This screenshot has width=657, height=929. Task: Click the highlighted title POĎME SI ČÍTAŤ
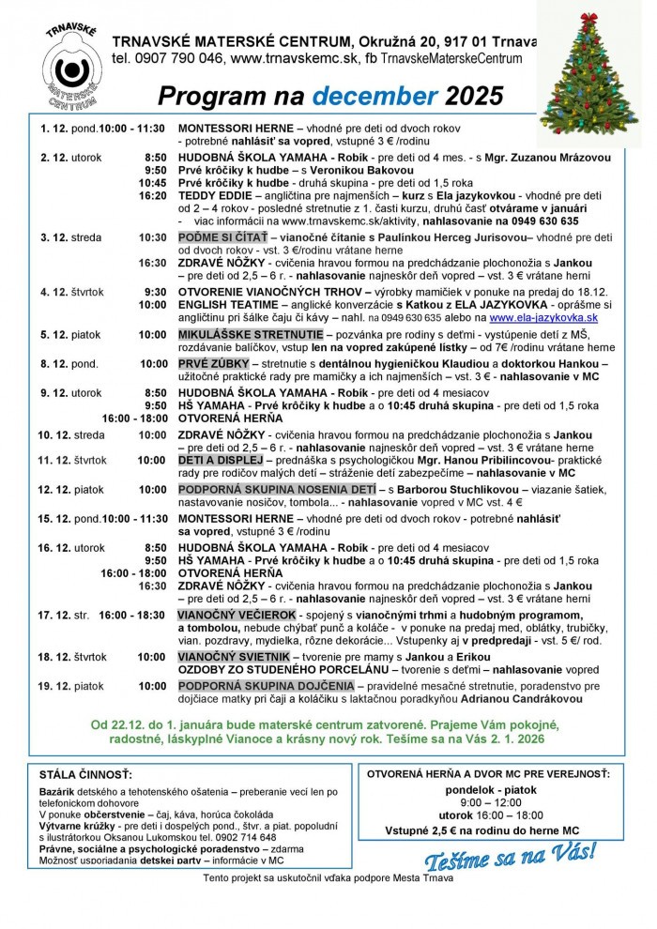click(x=222, y=237)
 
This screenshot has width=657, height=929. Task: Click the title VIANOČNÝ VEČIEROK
click(x=236, y=614)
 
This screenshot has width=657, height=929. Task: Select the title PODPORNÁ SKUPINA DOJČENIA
click(x=268, y=686)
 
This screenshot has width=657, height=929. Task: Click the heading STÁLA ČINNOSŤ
click(x=86, y=775)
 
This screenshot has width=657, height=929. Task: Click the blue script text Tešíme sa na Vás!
click(x=510, y=855)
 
